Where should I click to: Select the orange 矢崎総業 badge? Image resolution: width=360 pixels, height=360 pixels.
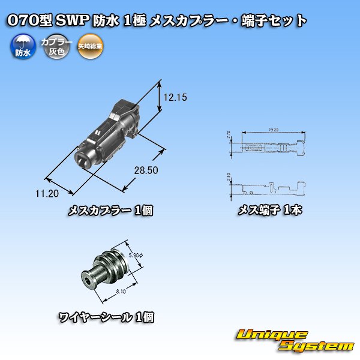91,47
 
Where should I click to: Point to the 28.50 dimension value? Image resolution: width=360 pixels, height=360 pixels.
145,170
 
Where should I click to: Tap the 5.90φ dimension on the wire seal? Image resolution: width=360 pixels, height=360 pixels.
136,255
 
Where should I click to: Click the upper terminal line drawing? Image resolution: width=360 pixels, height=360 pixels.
271,147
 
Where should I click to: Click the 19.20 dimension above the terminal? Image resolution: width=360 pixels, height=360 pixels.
272,128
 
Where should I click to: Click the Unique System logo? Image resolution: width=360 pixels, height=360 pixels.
293,340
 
